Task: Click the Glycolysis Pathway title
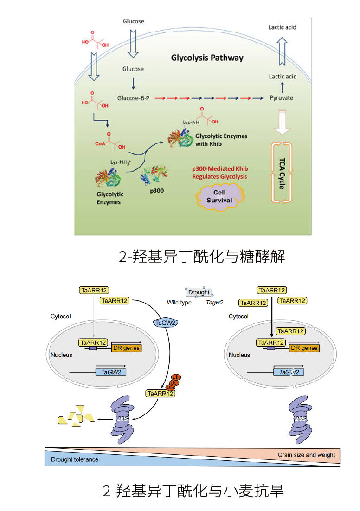click(207, 58)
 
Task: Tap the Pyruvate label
click(282, 98)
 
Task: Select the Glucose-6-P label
click(133, 98)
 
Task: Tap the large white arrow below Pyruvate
click(282, 121)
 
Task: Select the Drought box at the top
click(199, 292)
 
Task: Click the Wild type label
click(179, 303)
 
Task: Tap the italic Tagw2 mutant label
click(211, 303)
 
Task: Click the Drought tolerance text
click(75, 459)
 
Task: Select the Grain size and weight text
click(306, 455)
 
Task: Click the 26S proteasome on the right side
click(300, 418)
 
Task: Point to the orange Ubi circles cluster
click(174, 382)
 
